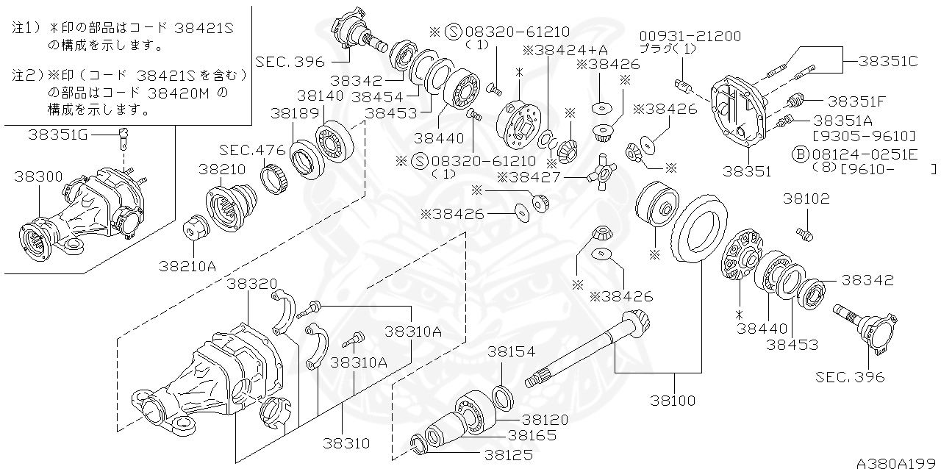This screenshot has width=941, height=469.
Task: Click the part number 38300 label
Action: [x=38, y=176]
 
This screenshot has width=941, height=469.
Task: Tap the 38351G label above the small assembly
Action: [x=59, y=134]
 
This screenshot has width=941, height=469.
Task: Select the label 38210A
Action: [x=187, y=265]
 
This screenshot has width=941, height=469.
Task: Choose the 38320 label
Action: [x=251, y=284]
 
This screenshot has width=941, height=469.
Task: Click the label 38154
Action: [x=511, y=352]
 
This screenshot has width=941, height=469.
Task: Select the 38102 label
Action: [x=806, y=198]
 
